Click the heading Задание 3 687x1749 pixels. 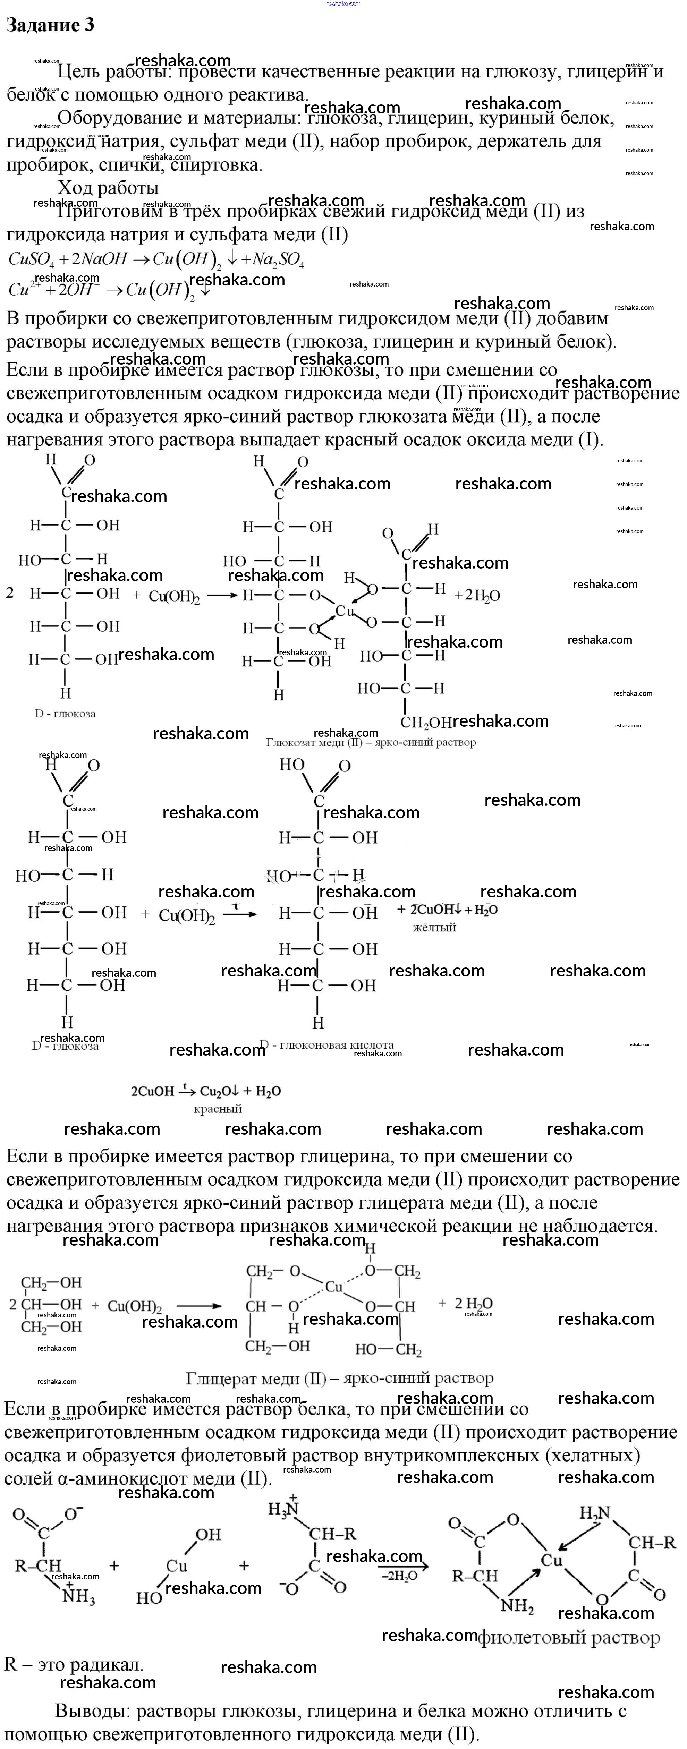click(x=50, y=25)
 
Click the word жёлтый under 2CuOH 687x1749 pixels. click(x=434, y=928)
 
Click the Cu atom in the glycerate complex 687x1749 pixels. click(x=334, y=1287)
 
